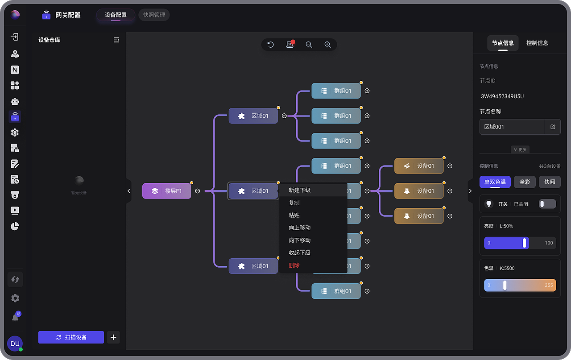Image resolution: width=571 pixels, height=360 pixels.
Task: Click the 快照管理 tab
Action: coord(154,15)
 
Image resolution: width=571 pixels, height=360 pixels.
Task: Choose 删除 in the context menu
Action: coord(294,265)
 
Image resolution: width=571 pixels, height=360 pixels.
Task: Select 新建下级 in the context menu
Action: coord(299,190)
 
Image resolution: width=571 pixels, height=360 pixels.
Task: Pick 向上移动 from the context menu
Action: coord(299,228)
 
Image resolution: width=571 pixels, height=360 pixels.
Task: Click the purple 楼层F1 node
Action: coord(167,191)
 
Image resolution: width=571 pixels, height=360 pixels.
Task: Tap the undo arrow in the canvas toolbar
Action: coord(270,45)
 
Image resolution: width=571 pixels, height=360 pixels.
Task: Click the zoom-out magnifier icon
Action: coord(309,45)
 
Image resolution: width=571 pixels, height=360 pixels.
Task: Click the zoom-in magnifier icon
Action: coord(327,45)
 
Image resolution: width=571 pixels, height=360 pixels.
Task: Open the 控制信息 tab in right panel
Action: coord(537,43)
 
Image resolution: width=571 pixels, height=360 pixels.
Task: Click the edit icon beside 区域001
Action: coord(553,127)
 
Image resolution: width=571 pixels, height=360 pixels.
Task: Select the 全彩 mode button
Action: coord(525,182)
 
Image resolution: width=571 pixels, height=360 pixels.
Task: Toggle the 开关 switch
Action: coord(547,204)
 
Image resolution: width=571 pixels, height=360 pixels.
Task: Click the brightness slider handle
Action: coord(524,243)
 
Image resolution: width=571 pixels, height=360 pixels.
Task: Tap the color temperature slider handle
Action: coord(505,285)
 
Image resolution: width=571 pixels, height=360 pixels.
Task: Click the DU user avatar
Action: coord(15,343)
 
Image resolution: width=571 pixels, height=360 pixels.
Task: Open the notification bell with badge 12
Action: coord(16,317)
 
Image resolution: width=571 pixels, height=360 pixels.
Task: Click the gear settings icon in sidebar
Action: coord(15,298)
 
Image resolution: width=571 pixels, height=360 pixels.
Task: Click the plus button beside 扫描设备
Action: coord(113,337)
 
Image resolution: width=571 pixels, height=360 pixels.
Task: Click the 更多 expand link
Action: coord(520,149)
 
